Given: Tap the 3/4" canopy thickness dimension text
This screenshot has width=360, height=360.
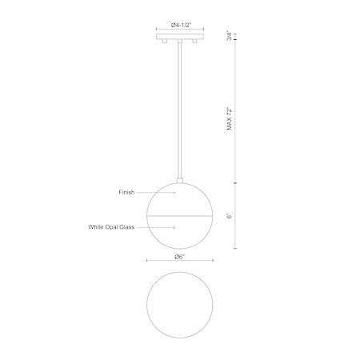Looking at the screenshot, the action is pos(230,36).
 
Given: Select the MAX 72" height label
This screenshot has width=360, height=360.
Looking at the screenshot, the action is pos(230,118).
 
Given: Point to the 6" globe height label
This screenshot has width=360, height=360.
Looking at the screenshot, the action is pos(230,216).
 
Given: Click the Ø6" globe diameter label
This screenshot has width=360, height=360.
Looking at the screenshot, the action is pos(180,257).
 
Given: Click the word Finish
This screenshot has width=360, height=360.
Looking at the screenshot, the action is pos(126,192).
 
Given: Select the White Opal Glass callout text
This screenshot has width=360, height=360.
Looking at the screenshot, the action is pos(111,227).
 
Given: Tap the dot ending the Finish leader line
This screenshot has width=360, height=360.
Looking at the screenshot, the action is pos(174,192).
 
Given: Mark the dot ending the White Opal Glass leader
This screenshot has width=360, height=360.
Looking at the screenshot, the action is pos(174,227).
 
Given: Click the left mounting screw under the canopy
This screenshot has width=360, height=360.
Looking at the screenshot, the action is pos(165,41).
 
